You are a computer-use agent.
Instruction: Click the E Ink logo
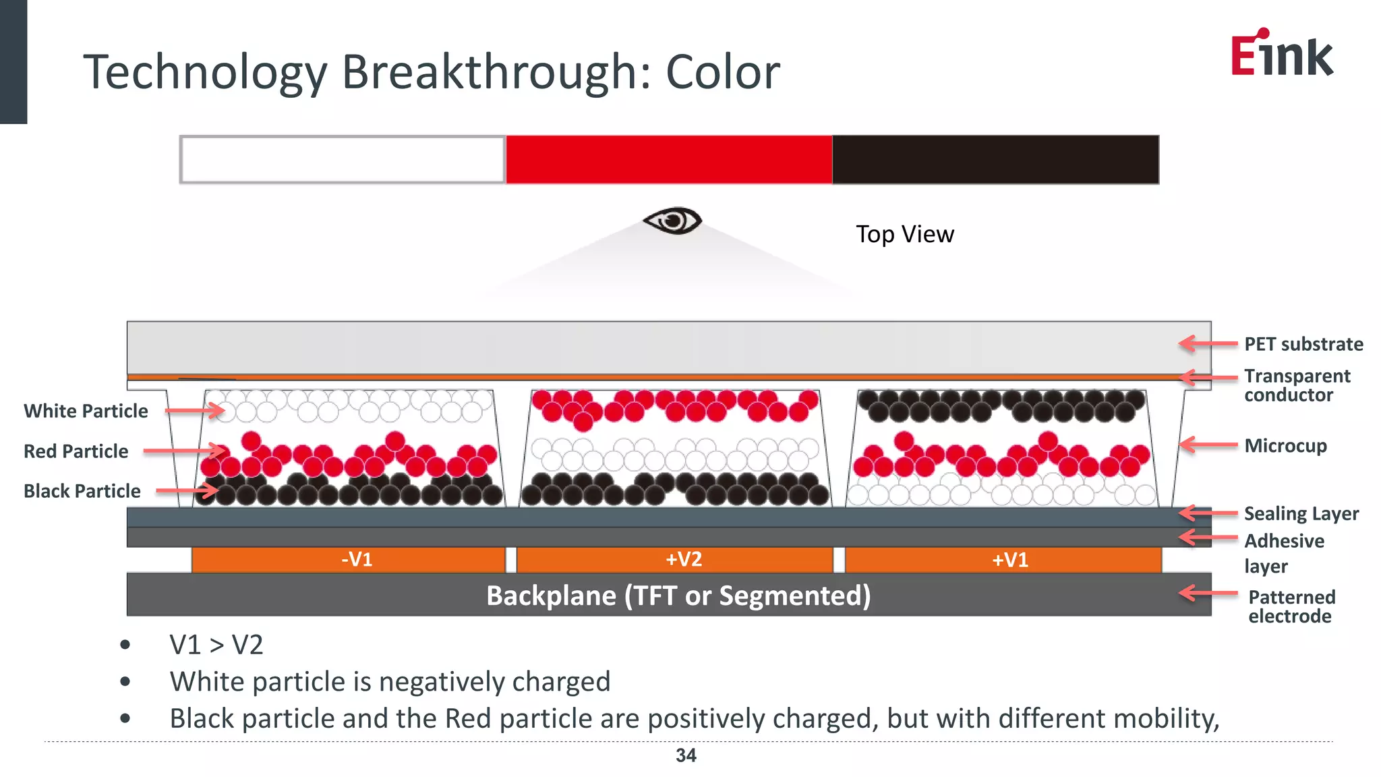(x=1281, y=54)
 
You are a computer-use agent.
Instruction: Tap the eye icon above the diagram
(x=672, y=221)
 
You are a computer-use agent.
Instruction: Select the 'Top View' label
(x=904, y=234)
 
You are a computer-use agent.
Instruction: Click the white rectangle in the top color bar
(x=343, y=160)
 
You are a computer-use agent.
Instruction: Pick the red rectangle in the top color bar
(x=669, y=160)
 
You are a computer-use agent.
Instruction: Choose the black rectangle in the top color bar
(x=995, y=160)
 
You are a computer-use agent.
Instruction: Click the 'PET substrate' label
(x=1303, y=344)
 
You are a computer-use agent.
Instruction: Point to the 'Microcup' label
(x=1285, y=446)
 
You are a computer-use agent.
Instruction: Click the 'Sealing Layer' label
(x=1301, y=514)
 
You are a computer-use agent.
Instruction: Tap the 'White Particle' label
(x=86, y=411)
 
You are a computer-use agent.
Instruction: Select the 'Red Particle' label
(x=76, y=451)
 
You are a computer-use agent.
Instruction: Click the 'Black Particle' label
(x=82, y=491)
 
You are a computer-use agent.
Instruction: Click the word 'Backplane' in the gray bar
(x=551, y=596)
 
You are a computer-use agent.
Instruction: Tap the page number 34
(x=686, y=755)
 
